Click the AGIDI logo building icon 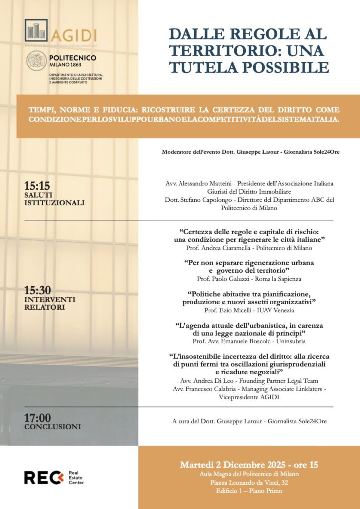[36, 31]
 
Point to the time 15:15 [37, 186]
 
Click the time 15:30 [37, 290]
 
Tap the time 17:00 [37, 418]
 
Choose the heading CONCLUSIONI [53, 427]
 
